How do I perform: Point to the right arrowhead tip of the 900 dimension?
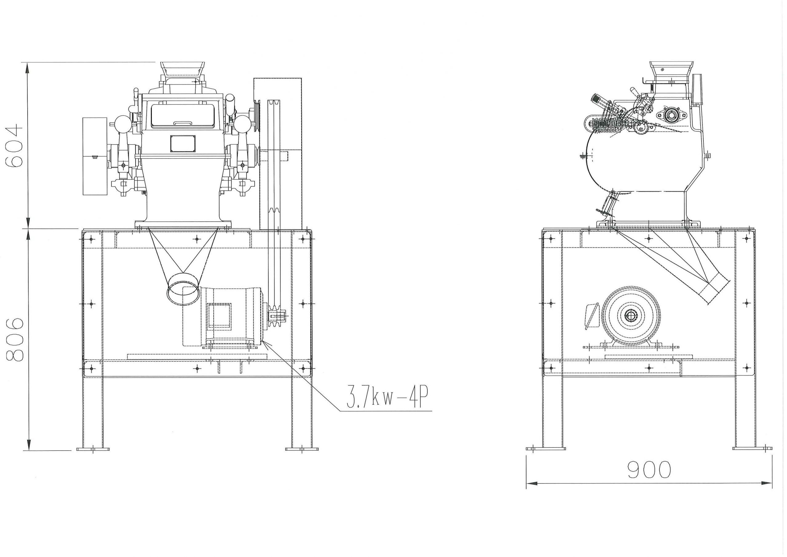tap(772, 483)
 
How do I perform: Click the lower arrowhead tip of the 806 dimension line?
tap(29, 450)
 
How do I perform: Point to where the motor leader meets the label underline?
tap(339, 411)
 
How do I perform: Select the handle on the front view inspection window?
tap(183, 122)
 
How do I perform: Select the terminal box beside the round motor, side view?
tap(591, 316)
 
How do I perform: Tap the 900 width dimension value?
tap(649, 470)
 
